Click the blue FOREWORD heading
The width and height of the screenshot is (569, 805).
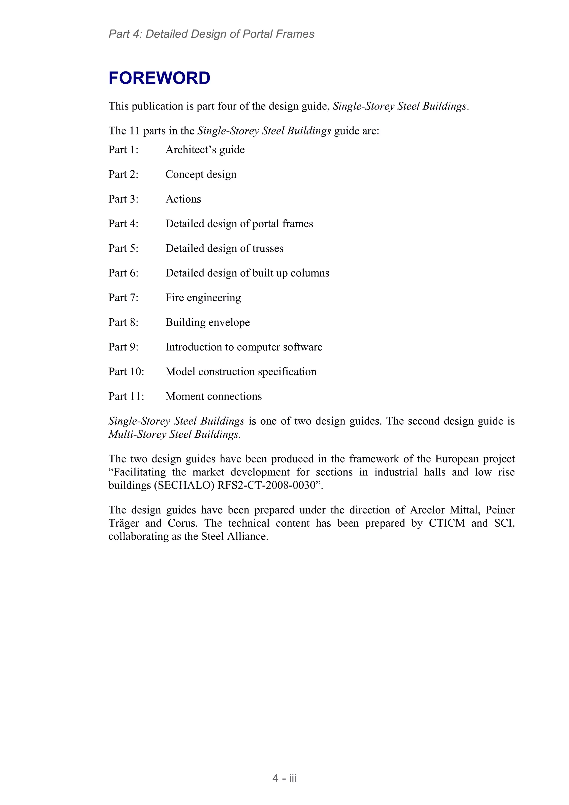coord(159,78)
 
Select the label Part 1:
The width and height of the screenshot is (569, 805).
coord(123,150)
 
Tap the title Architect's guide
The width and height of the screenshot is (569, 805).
coord(205,150)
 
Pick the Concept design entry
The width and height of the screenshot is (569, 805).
coord(201,174)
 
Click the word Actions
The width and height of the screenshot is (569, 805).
coord(183,199)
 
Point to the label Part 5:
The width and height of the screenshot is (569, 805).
coord(123,248)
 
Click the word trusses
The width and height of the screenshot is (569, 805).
coord(268,248)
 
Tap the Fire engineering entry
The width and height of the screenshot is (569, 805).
coord(203,298)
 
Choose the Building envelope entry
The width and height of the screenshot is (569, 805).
coord(208,322)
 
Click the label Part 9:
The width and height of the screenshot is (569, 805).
coord(123,347)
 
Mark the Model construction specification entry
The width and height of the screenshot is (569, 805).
coord(241,372)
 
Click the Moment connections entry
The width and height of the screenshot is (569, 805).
coord(213,396)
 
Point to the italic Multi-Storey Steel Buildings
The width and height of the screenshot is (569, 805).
coord(174,434)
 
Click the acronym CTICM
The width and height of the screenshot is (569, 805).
coord(447,523)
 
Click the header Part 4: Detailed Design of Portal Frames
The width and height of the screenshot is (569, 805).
coord(211,34)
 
